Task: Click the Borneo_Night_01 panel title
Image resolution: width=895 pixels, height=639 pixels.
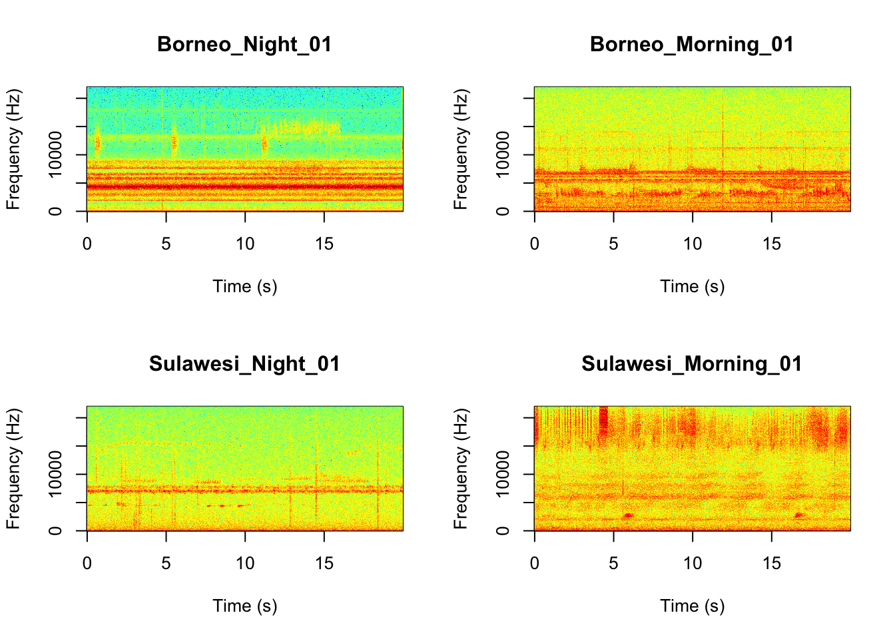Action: click(x=244, y=45)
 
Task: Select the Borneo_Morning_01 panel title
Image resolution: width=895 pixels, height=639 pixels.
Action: click(x=692, y=45)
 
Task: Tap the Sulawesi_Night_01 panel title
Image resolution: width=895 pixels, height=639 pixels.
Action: click(x=244, y=364)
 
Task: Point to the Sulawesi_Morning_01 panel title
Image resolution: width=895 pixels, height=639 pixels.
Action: click(x=692, y=364)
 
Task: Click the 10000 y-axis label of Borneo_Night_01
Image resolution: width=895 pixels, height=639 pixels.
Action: click(x=55, y=154)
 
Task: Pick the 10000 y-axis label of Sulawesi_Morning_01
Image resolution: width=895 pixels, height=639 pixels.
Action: click(x=503, y=474)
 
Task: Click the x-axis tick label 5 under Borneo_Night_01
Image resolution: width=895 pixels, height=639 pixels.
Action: click(x=166, y=244)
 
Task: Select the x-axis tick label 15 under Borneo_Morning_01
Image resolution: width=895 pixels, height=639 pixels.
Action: click(x=771, y=244)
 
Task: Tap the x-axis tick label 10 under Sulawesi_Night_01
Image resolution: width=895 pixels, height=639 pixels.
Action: click(x=245, y=564)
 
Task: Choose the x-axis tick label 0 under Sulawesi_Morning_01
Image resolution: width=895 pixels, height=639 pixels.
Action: click(x=535, y=564)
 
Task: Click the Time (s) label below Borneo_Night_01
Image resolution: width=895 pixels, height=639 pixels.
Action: click(x=244, y=287)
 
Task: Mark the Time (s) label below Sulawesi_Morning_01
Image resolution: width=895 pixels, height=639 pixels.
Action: click(x=692, y=606)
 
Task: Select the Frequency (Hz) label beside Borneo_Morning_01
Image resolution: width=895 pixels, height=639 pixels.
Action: click(x=461, y=149)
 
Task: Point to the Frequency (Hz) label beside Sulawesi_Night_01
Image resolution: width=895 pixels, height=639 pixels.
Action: click(x=13, y=469)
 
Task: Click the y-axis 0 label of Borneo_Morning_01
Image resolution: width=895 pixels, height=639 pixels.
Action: click(x=503, y=211)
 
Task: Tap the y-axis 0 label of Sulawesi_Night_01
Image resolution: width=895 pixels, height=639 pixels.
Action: click(x=55, y=531)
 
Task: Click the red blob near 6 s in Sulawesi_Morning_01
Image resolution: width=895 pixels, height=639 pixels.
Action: click(x=627, y=516)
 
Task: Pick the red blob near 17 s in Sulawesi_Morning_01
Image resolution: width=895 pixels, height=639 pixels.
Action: click(x=800, y=515)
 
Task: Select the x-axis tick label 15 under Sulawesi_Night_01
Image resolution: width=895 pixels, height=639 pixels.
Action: click(x=324, y=564)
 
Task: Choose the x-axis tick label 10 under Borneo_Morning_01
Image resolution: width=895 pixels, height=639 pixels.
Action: click(x=693, y=244)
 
